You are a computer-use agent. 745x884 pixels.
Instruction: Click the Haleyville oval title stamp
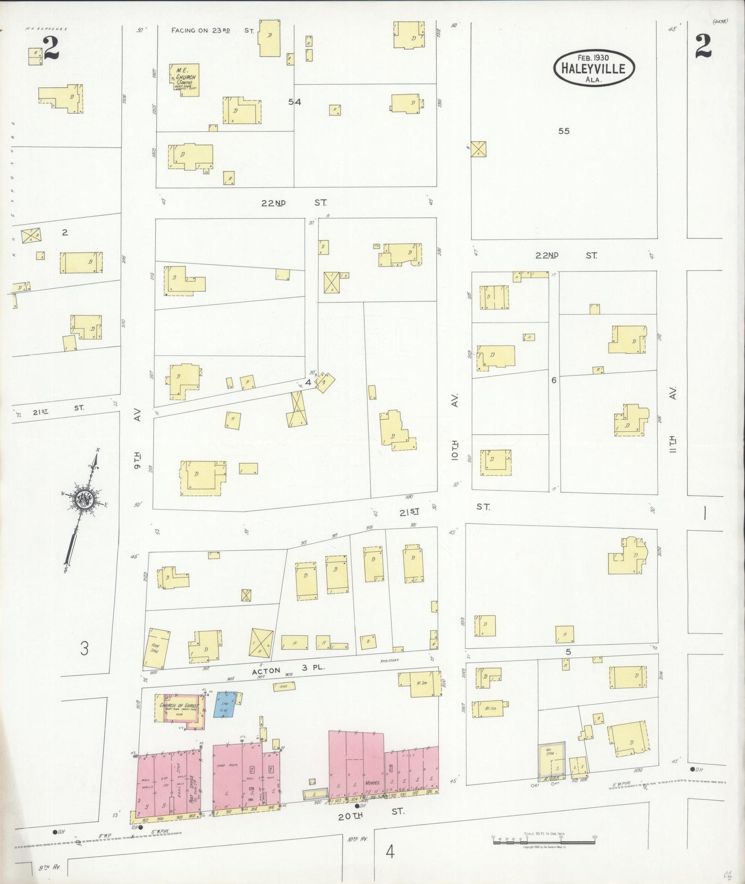(x=594, y=67)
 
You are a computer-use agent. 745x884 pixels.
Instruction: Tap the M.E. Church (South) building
(x=185, y=80)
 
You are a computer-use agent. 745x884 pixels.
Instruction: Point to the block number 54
(x=294, y=102)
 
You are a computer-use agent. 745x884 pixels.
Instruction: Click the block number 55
(x=564, y=131)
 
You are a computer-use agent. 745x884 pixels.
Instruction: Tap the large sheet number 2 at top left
(x=51, y=49)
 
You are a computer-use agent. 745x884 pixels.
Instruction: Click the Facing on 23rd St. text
(x=212, y=30)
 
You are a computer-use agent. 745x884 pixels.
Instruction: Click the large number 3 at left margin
(x=84, y=648)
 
